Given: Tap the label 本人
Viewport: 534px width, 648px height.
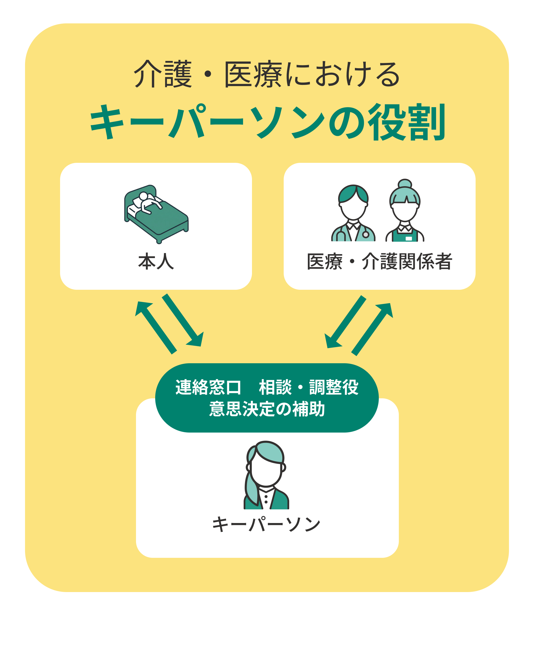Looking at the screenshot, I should click(x=156, y=262).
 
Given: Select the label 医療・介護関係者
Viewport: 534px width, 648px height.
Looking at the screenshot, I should click(x=379, y=262).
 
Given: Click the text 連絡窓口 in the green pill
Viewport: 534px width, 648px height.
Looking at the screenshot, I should click(x=208, y=387).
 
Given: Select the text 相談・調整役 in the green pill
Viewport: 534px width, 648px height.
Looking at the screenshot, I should click(x=308, y=387).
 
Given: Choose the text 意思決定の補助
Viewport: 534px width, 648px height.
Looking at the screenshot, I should click(x=267, y=409).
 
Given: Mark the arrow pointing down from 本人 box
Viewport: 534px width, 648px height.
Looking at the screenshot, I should click(x=183, y=320).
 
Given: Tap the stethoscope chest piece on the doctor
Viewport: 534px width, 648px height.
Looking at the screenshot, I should click(x=366, y=235).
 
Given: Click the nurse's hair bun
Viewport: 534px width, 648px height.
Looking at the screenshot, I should click(x=405, y=183).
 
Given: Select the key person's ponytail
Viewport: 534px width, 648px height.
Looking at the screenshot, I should click(x=251, y=489).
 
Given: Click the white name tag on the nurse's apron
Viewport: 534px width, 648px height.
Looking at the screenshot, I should click(x=409, y=239).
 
